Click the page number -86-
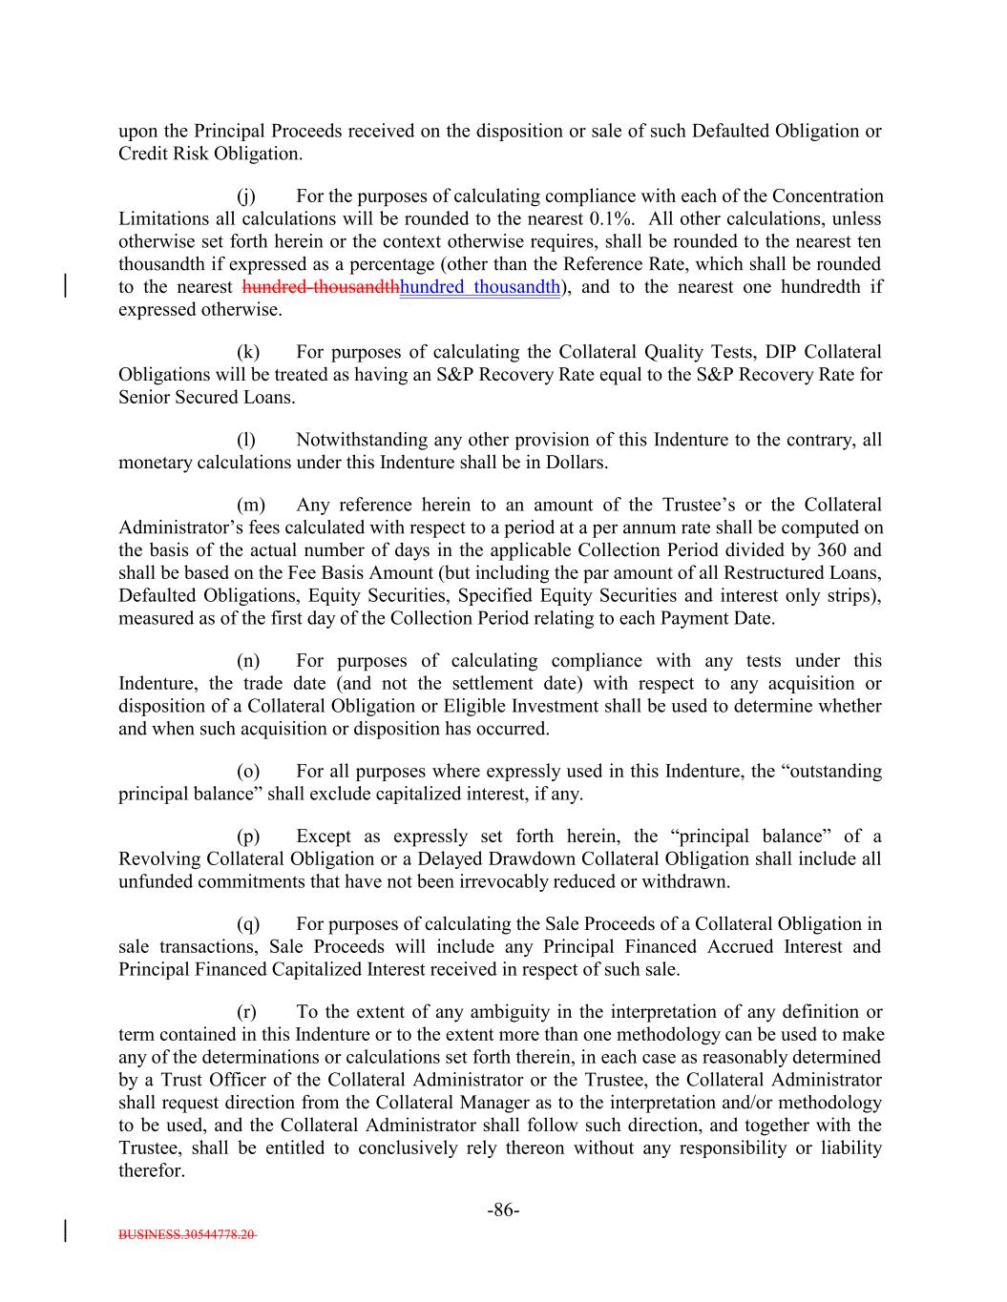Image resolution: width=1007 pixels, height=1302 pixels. click(503, 1210)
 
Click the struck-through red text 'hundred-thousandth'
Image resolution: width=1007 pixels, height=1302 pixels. click(322, 287)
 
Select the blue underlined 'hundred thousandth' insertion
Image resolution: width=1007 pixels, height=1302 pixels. click(480, 287)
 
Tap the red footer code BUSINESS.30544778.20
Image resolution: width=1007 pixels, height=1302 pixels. click(187, 1233)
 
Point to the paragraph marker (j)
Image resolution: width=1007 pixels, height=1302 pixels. click(247, 196)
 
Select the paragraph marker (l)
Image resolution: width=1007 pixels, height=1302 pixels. click(246, 440)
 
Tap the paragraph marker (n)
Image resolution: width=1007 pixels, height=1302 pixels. click(248, 660)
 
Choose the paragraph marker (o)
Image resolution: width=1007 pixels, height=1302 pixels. click(248, 771)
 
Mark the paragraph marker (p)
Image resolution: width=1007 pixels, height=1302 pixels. click(248, 836)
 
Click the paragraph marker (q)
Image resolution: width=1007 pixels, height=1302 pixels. click(248, 923)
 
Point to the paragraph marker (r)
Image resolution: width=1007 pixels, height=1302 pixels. click(247, 1011)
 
